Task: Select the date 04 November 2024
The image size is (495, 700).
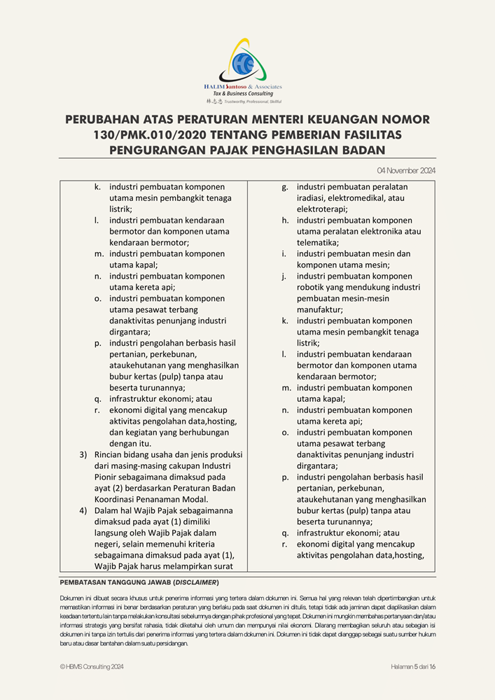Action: [x=406, y=170]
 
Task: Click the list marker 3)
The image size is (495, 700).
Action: [x=83, y=455]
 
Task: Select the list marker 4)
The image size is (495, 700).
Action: [x=83, y=511]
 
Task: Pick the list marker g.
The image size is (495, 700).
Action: [x=285, y=187]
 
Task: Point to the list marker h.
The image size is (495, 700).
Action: [x=285, y=220]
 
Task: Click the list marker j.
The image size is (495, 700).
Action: [x=285, y=276]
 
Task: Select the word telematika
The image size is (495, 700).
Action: [x=318, y=243]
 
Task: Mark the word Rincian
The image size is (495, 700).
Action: [x=110, y=455]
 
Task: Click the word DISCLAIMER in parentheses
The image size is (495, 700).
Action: [x=197, y=582]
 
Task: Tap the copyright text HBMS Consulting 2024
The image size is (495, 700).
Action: [x=95, y=667]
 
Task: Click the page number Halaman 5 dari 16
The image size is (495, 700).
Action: [x=413, y=667]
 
